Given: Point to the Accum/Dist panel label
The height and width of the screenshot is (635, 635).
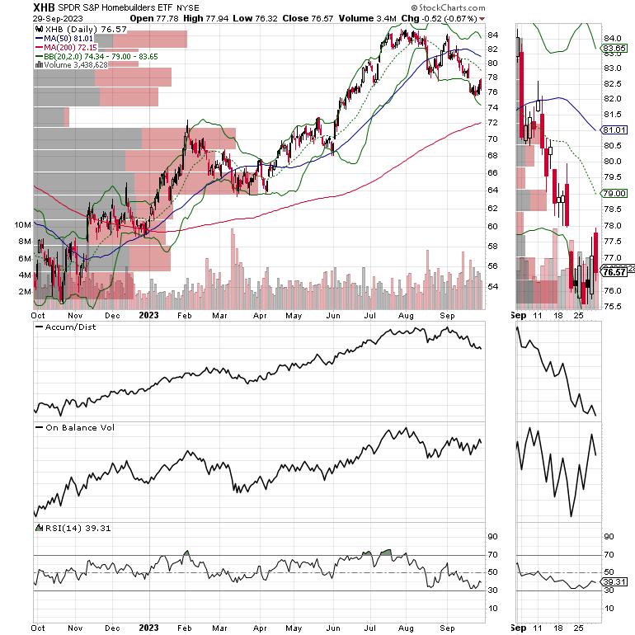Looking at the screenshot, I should [x=65, y=327].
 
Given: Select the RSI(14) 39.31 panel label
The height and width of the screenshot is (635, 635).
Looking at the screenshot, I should [x=68, y=529].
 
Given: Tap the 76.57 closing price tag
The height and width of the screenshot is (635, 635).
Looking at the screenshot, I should [x=614, y=273].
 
